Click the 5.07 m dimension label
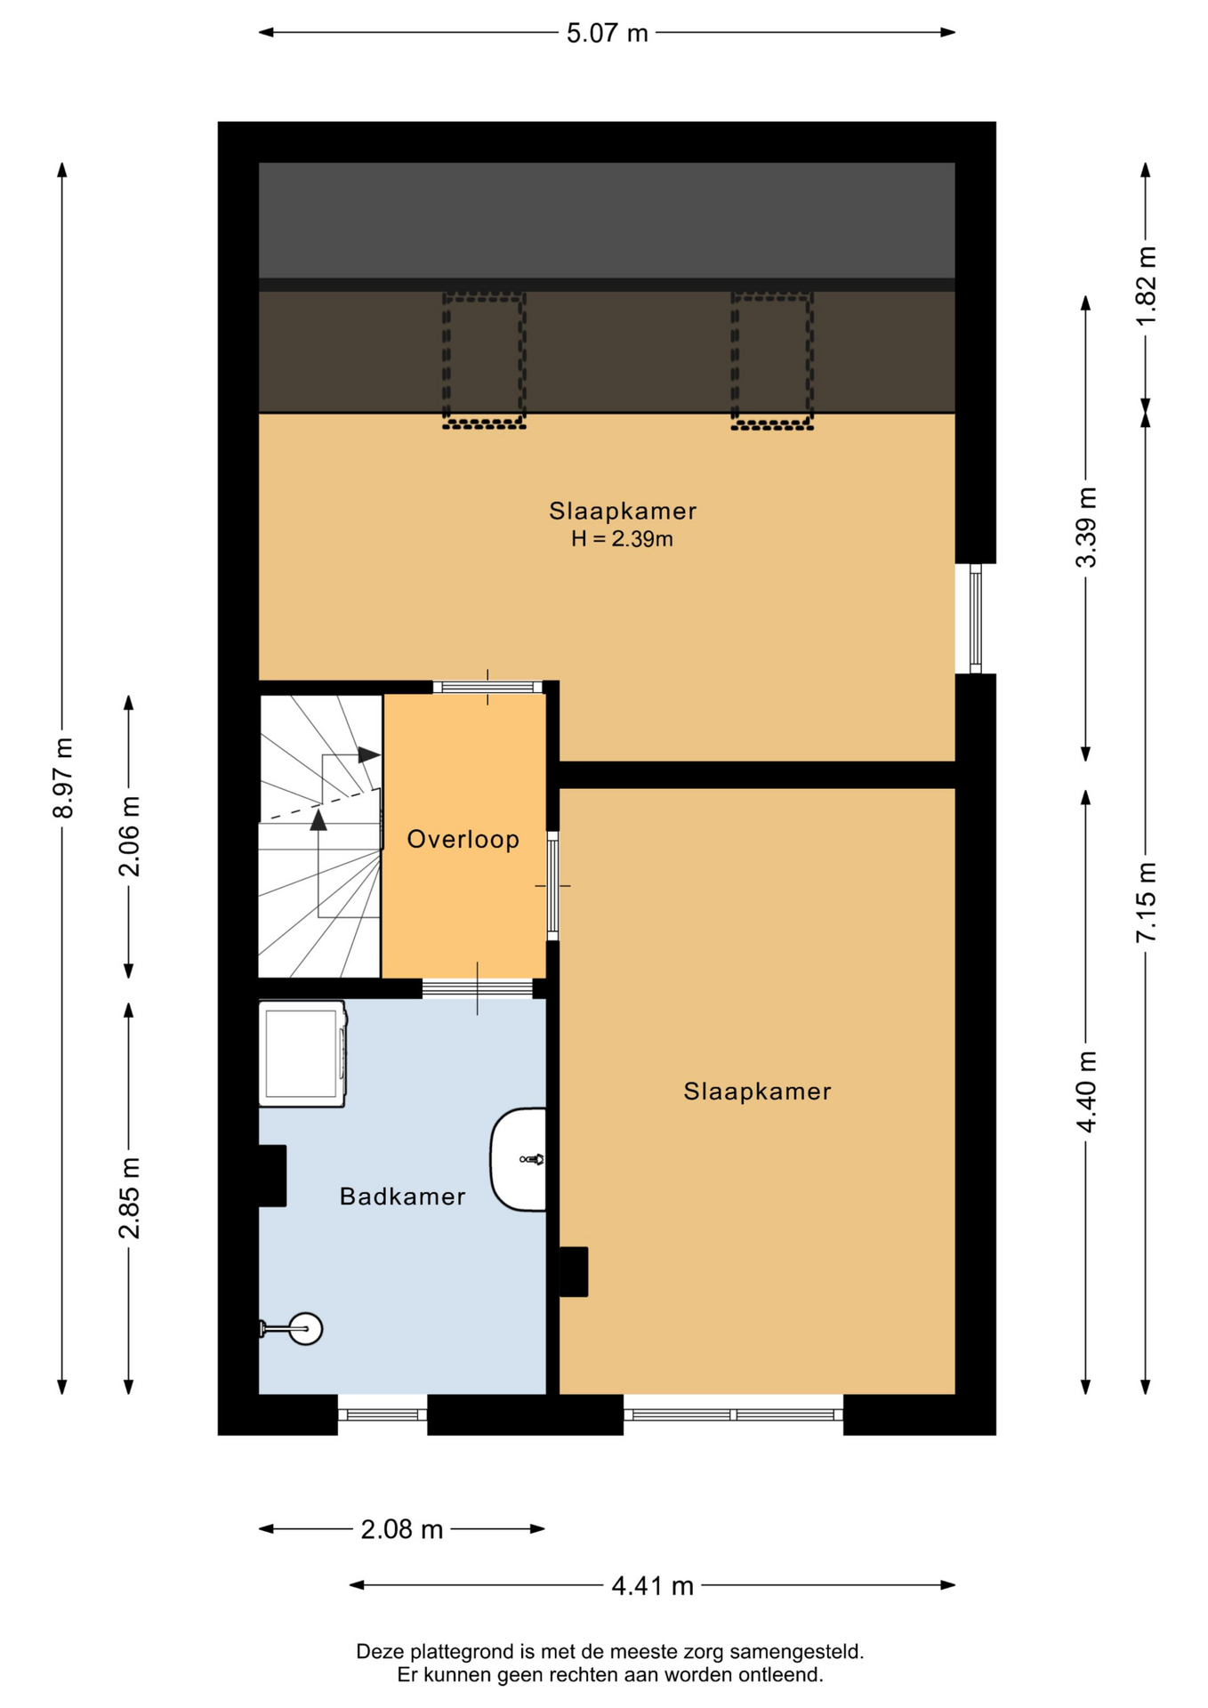[x=608, y=33]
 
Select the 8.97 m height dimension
[x=62, y=777]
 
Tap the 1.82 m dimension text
[x=1146, y=286]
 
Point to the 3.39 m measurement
[x=1086, y=528]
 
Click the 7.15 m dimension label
[x=1146, y=902]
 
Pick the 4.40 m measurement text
[x=1086, y=1091]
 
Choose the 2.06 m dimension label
[x=129, y=836]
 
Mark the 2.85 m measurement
[x=129, y=1198]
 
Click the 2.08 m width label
[x=402, y=1529]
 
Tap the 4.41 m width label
[x=652, y=1585]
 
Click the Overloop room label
[x=463, y=839]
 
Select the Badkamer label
[x=403, y=1196]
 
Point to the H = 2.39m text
[x=622, y=538]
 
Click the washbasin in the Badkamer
[x=519, y=1159]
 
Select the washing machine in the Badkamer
[x=302, y=1054]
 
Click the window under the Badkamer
[x=383, y=1414]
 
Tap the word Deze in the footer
[x=380, y=1652]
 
